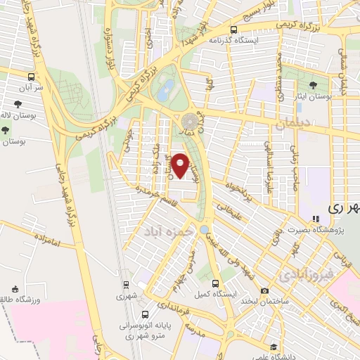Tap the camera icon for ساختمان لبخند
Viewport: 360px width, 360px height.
(x=264, y=290)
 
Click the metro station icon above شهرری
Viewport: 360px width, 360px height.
(x=126, y=285)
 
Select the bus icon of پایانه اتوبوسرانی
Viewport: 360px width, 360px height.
(x=144, y=314)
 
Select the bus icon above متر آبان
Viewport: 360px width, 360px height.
(x=30, y=76)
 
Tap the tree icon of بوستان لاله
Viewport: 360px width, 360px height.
(x=6, y=130)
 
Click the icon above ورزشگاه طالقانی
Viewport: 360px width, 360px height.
(x=15, y=289)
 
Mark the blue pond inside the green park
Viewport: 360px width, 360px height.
(x=167, y=89)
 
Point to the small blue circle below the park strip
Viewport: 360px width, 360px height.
(x=204, y=230)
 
